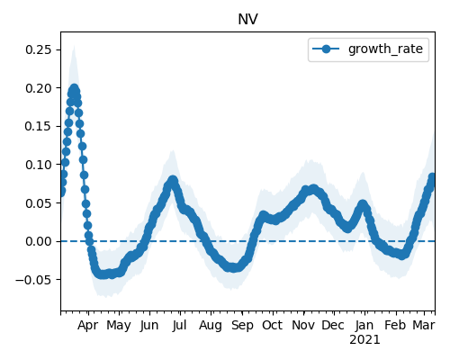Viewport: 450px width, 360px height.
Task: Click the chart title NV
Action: coord(247,20)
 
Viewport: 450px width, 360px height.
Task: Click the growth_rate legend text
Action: coord(385,49)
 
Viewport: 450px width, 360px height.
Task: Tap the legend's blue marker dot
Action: coord(326,49)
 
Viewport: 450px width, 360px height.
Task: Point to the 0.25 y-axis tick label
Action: coord(39,49)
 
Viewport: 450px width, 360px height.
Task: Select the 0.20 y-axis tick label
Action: coord(39,88)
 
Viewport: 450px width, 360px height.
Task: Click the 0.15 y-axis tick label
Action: coord(39,126)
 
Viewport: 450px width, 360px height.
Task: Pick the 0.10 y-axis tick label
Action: coord(39,165)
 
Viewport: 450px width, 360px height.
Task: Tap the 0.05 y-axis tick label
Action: coord(39,203)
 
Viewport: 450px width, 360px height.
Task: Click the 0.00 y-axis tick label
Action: coord(39,241)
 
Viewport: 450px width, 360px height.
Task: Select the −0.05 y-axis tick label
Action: coord(33,280)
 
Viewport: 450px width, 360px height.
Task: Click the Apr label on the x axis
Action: coord(88,326)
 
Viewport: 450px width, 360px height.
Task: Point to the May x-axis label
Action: coord(119,326)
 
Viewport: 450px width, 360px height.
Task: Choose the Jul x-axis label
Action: coord(179,325)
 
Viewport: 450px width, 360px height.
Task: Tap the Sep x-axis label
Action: coord(242,326)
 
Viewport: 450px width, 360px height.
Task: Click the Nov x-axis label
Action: coord(303,325)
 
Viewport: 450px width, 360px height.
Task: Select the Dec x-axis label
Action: coord(333,325)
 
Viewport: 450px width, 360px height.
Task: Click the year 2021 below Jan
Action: coord(364,340)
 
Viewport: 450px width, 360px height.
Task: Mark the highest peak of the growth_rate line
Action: coord(74,89)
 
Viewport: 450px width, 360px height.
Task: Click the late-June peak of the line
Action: coord(173,181)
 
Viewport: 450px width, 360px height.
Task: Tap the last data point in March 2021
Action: coord(432,177)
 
